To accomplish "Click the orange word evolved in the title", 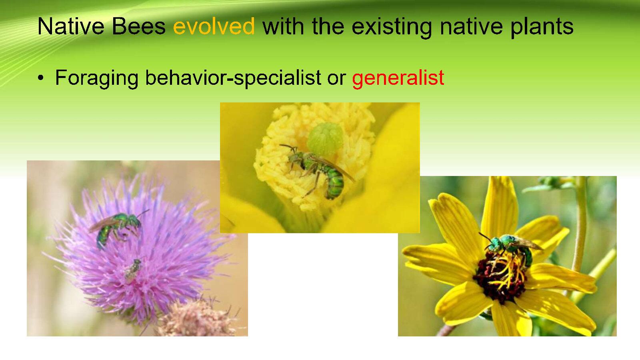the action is click(214, 26).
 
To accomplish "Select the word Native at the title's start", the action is click(71, 26).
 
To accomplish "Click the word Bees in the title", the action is click(138, 26).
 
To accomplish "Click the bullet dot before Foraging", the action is click(41, 78).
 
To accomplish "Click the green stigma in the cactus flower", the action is click(325, 140).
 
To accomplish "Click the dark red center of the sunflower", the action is click(500, 278).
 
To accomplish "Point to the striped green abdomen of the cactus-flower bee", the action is click(334, 183).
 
